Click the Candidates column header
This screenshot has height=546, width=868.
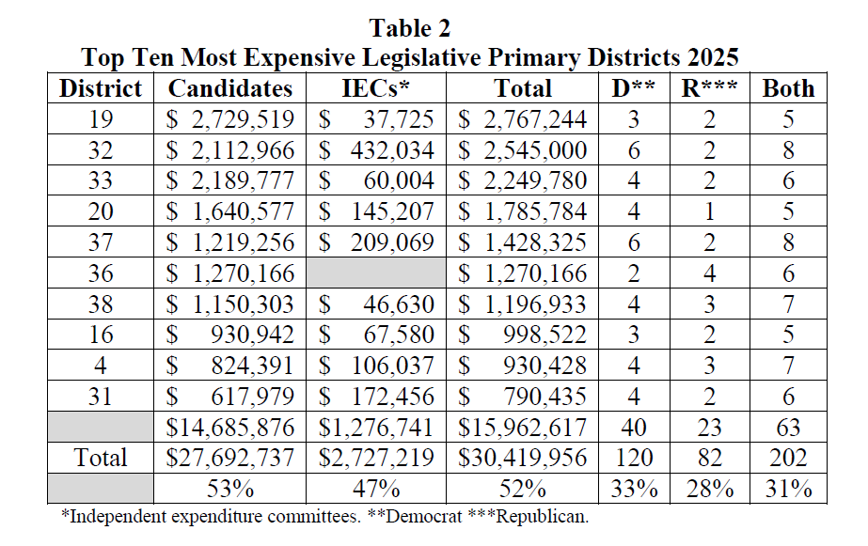tap(229, 88)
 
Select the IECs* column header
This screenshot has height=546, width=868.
tap(378, 88)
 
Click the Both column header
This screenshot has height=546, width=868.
tap(788, 88)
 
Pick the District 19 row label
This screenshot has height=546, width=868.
tap(101, 119)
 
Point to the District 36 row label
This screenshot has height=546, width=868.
tap(101, 273)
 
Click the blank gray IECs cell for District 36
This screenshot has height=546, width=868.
tap(378, 273)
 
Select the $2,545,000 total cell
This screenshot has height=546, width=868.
tap(523, 150)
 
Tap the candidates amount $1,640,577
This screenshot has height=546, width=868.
tap(229, 212)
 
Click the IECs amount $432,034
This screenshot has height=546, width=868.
tap(378, 150)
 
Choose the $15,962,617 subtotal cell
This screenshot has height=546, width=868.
tap(523, 428)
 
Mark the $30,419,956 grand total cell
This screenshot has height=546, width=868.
tap(523, 459)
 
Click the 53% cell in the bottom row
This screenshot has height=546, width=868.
tap(229, 489)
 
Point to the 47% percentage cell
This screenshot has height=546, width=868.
tap(378, 489)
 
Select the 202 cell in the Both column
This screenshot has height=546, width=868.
tap(788, 459)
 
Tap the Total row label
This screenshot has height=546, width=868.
tap(101, 459)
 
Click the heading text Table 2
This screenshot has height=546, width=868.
tap(410, 27)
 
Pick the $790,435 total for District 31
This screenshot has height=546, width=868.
tap(523, 398)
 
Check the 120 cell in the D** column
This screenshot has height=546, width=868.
tap(634, 459)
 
